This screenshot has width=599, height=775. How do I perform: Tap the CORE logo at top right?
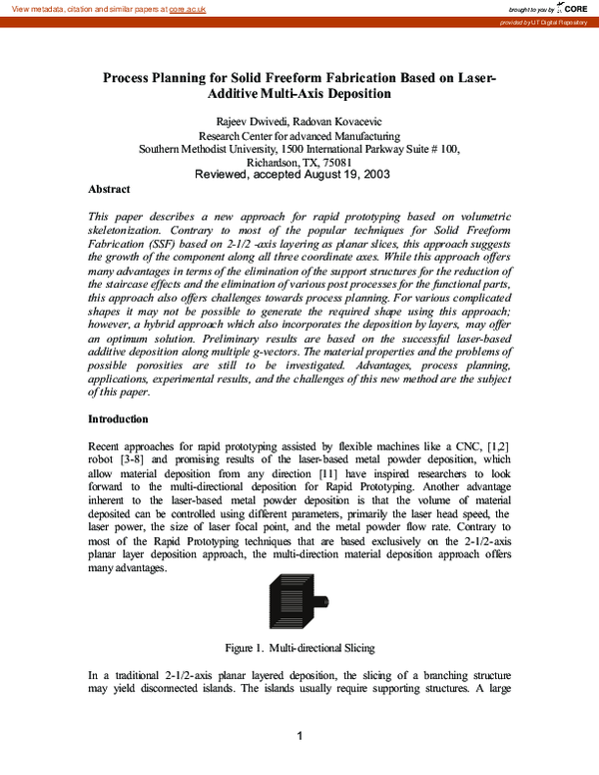pos(568,8)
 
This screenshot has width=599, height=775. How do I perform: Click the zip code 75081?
pos(334,161)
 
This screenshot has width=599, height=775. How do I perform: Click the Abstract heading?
pos(110,188)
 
